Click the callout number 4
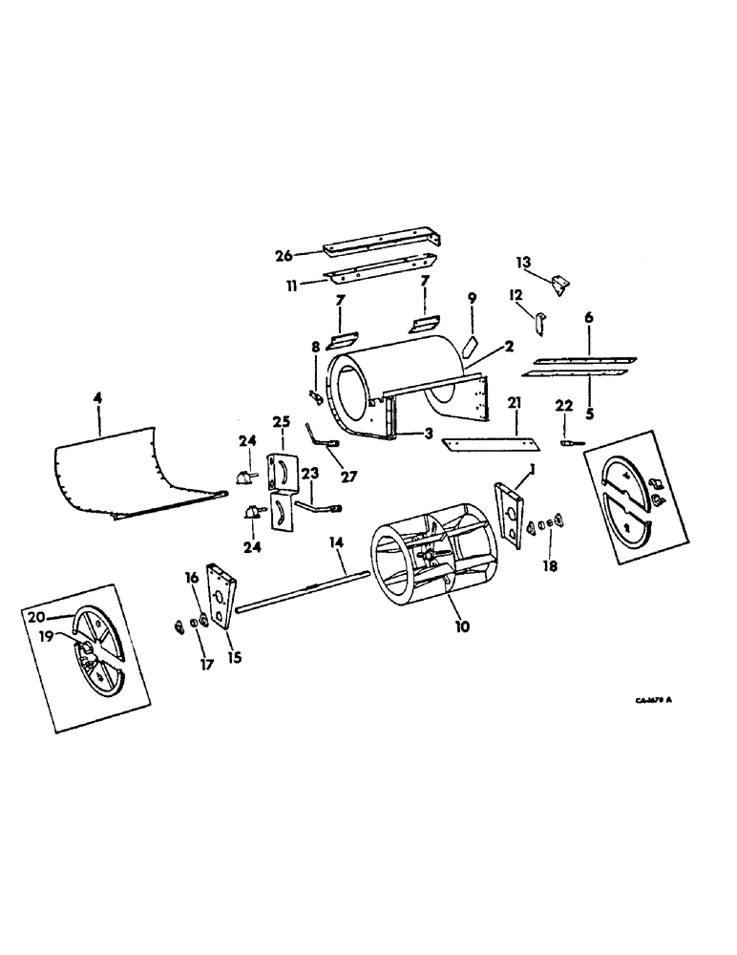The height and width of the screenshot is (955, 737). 100,391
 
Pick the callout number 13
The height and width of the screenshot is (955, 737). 522,261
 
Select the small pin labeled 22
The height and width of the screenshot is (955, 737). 570,442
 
